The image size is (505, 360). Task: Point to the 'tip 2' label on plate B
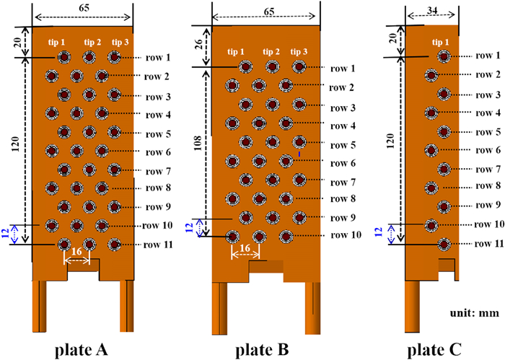[x=272, y=51]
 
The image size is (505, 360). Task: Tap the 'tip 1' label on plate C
[x=441, y=42]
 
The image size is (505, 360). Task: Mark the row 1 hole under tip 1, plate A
[x=63, y=57]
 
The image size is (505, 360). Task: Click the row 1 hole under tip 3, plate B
[x=299, y=67]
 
